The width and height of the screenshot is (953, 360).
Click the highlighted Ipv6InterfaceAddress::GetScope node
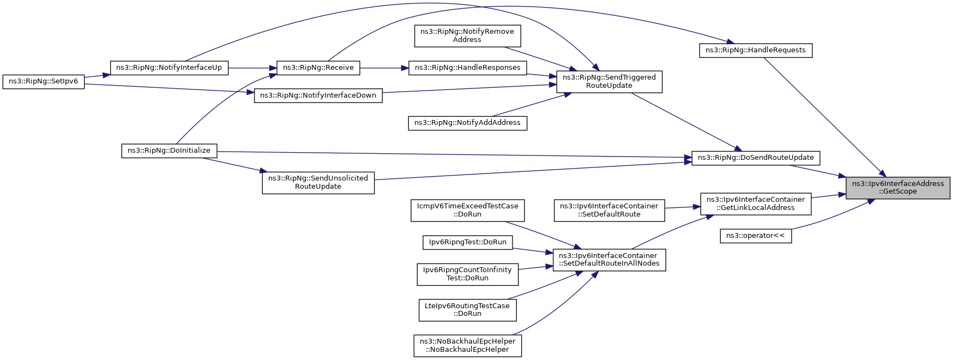pos(897,188)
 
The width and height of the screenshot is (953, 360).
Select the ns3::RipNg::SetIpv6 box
pos(44,82)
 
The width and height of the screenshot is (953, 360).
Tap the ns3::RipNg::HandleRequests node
pos(755,50)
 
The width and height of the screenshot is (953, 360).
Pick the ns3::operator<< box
pos(755,236)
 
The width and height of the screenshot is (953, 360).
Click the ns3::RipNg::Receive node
pos(318,68)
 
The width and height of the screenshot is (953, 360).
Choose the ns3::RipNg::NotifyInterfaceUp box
pos(169,68)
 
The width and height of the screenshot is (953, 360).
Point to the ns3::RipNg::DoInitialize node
pos(169,151)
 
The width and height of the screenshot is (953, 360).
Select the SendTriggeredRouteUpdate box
pos(609,81)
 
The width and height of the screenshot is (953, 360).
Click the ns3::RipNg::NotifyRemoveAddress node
pos(467,35)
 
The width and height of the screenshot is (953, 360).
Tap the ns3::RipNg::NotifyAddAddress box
pos(467,123)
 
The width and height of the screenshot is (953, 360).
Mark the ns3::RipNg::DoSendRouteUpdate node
pos(756,158)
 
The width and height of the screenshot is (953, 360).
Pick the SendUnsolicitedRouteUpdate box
pos(318,182)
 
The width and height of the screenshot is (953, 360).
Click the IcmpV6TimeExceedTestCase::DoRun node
pos(467,210)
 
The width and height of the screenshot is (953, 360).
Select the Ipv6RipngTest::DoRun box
pos(467,242)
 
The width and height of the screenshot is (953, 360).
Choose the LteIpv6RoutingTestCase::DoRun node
pos(467,310)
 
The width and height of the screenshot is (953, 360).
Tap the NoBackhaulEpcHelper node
pos(467,345)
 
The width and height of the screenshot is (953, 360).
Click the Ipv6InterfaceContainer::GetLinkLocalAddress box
pos(755,203)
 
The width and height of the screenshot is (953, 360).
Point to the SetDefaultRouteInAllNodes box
pos(609,260)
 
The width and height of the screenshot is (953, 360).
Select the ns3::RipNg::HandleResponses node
pos(467,68)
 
